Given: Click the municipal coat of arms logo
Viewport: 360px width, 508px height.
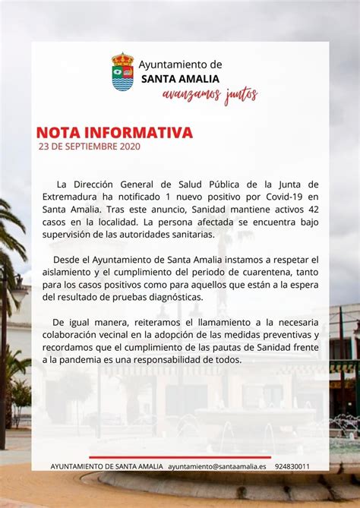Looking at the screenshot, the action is [x=122, y=71].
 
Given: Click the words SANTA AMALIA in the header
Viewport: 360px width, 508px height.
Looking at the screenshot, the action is [x=180, y=78].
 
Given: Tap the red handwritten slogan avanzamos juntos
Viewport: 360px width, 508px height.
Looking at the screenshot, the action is [x=210, y=95].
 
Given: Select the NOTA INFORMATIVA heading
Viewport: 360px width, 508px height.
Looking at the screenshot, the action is [x=114, y=133].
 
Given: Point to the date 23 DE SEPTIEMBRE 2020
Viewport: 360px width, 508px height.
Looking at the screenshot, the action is [x=89, y=147].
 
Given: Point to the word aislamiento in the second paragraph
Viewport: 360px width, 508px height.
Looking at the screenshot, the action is [x=66, y=272].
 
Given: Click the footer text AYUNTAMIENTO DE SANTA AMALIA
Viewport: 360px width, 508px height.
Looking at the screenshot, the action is [x=106, y=466].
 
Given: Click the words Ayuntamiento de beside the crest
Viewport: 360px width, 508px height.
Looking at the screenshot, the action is [x=180, y=65].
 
